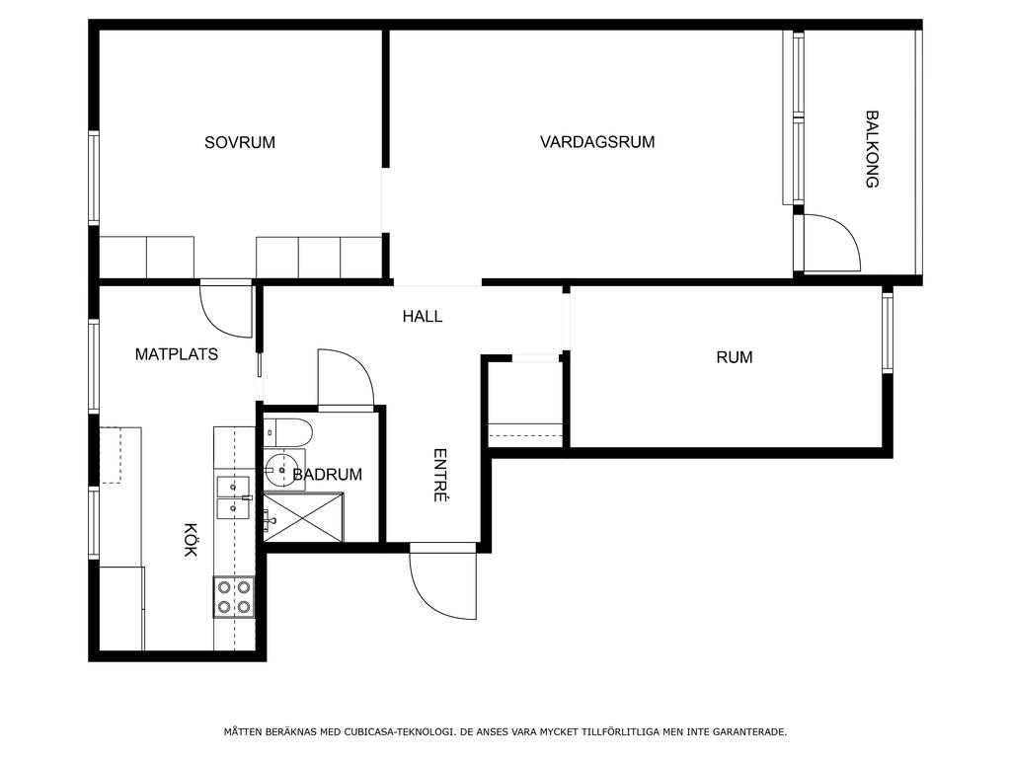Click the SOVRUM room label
tap(240, 142)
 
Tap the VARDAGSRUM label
tap(597, 142)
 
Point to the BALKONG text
tap(872, 149)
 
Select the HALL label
tap(423, 317)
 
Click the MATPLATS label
tap(177, 354)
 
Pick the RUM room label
tap(735, 357)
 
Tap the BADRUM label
tap(328, 475)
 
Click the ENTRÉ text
tap(439, 475)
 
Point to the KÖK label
tap(191, 540)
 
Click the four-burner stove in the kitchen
tap(233, 597)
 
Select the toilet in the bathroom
tap(287, 432)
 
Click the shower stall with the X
tap(304, 517)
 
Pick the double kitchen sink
tap(233, 497)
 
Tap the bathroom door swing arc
tap(347, 377)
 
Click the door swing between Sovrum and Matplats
tap(226, 309)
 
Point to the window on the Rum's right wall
tap(888, 333)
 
